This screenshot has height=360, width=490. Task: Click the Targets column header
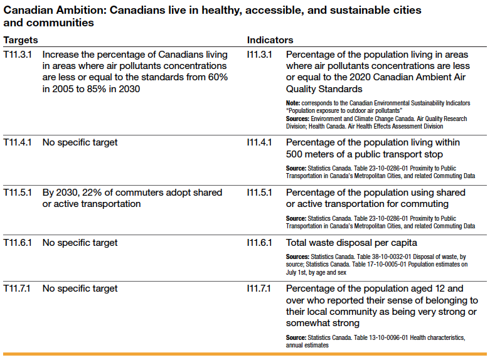[21, 40]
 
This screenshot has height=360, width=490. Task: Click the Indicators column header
[270, 40]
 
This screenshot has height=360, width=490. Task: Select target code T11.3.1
[18, 55]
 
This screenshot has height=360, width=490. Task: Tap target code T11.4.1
[18, 142]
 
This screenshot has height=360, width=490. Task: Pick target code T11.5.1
[18, 193]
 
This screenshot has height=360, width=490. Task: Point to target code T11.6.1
[18, 243]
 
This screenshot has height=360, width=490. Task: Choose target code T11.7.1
[18, 289]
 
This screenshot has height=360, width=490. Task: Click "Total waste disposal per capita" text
[351, 243]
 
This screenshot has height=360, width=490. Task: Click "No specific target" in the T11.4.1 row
[80, 142]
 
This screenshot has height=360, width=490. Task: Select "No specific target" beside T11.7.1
[80, 289]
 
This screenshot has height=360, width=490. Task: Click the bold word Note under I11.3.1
[293, 102]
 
